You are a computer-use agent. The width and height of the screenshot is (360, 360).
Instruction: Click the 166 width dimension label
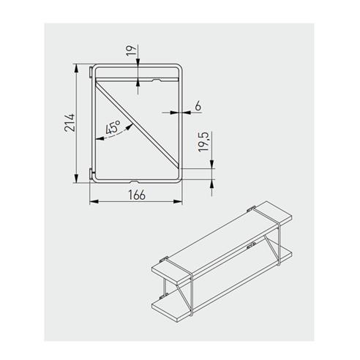(x=136, y=194)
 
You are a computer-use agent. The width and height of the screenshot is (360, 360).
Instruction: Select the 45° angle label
(x=113, y=129)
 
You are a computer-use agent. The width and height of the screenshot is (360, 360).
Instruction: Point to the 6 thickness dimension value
(x=198, y=106)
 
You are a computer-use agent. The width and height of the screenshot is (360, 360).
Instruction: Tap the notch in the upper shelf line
(x=155, y=78)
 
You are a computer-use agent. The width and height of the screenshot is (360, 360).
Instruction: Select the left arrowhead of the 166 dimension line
(x=93, y=203)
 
